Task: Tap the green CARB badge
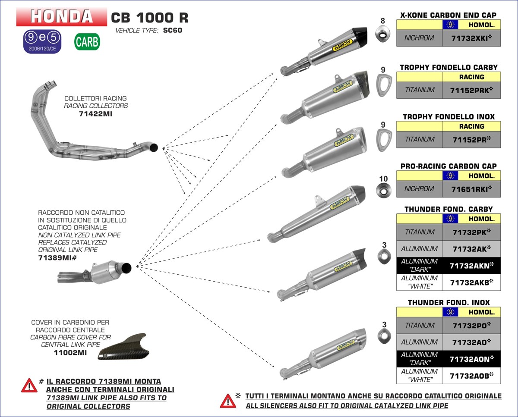(x=87, y=42)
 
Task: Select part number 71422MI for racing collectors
(x=96, y=114)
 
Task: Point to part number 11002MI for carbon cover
(x=70, y=353)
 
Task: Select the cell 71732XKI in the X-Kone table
(x=471, y=38)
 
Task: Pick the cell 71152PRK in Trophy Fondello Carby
(x=471, y=90)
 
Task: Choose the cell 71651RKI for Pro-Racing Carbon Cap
(x=471, y=189)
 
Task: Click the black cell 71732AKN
(x=471, y=266)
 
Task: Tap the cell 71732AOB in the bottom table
(x=471, y=376)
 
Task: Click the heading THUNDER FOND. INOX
(x=449, y=302)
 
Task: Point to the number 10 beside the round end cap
(x=383, y=179)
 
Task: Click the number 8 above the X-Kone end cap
(x=382, y=21)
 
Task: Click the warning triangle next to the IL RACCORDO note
(x=29, y=385)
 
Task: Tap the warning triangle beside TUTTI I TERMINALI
(x=227, y=401)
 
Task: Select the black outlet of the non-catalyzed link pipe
(x=126, y=268)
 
